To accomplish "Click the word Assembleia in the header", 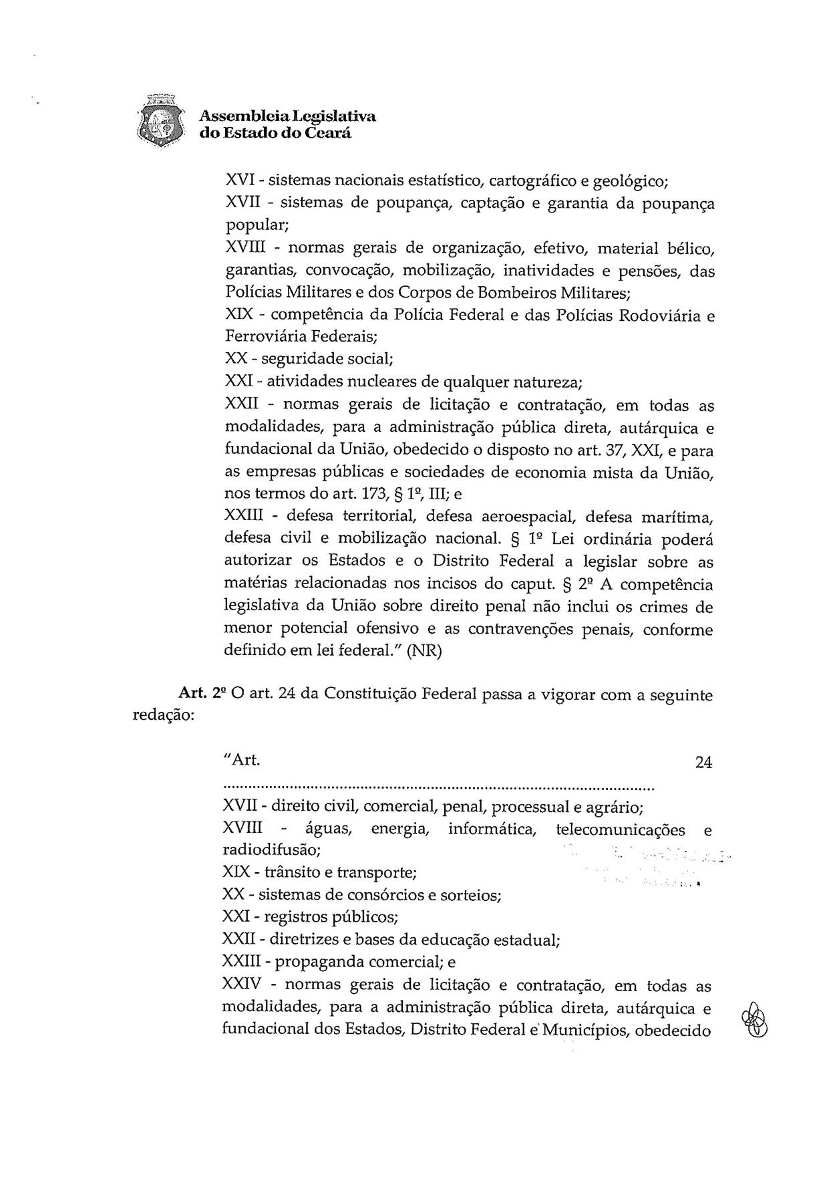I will pyautogui.click(x=233, y=116).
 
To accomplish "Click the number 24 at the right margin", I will pyautogui.click(x=703, y=762).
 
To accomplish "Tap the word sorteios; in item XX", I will pyautogui.click(x=470, y=895).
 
